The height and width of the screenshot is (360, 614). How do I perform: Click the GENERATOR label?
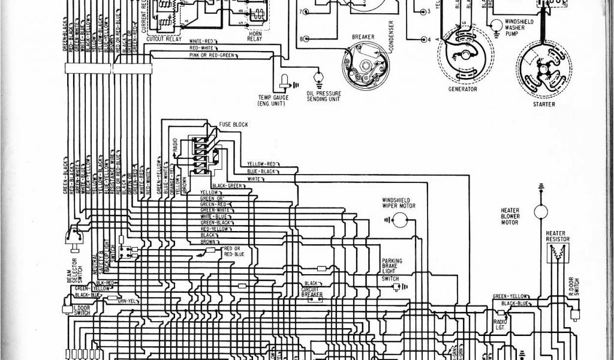pyautogui.click(x=462, y=89)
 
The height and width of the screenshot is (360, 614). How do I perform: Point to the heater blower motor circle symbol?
pyautogui.click(x=541, y=209)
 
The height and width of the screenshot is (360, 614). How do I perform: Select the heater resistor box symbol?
pyautogui.click(x=558, y=253)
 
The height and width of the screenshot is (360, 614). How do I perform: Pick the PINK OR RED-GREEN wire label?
pyautogui.click(x=212, y=55)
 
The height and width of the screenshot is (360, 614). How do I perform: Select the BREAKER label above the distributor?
pyautogui.click(x=363, y=37)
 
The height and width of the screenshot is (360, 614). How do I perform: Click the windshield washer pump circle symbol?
pyautogui.click(x=496, y=25)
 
